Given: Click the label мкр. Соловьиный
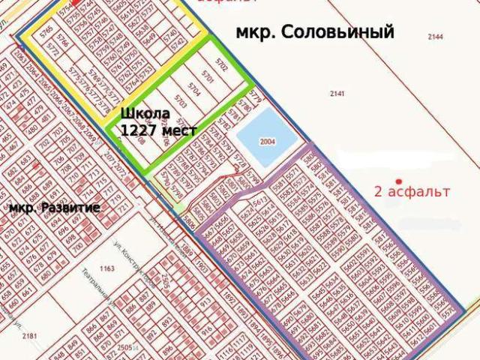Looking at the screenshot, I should point(315,33).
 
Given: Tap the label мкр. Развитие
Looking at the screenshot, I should point(54,207).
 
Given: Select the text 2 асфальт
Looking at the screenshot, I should point(412,191).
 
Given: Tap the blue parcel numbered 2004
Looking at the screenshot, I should point(268,141).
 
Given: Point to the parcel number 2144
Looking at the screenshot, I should point(434,36).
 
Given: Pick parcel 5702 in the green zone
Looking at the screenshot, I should point(220,61).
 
